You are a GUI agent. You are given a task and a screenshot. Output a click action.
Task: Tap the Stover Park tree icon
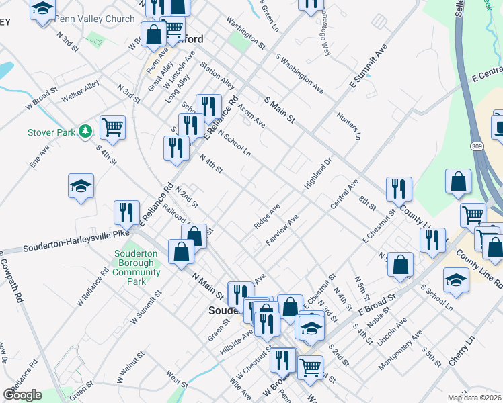click(x=85, y=131)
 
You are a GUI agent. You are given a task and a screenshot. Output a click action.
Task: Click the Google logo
click(x=22, y=395)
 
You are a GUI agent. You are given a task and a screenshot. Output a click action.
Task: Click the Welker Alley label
click(x=80, y=91)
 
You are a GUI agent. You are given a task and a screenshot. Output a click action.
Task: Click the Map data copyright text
click(x=475, y=398)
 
